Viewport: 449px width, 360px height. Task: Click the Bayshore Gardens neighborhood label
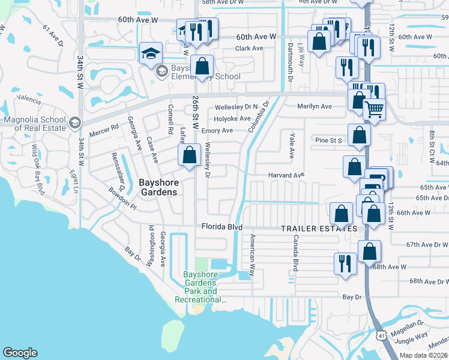[x=158, y=187]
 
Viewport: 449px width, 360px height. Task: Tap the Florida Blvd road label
[x=221, y=227]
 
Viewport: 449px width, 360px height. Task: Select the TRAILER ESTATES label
[x=319, y=229]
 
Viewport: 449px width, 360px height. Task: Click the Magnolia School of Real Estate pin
[x=75, y=123]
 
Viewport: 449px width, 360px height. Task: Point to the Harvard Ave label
[x=286, y=175]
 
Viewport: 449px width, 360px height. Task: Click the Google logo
[x=20, y=353]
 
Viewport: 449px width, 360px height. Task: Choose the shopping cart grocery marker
[x=375, y=110]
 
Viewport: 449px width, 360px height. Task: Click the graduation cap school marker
[x=149, y=53]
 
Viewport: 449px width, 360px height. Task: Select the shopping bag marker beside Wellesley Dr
[x=190, y=155]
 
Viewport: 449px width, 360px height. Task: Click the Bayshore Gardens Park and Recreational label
[x=200, y=287]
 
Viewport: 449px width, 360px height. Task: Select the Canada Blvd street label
[x=295, y=252]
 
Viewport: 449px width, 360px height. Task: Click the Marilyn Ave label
[x=315, y=106]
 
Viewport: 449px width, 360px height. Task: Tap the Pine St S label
[x=328, y=140]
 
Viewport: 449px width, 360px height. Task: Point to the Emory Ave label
[x=217, y=130]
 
